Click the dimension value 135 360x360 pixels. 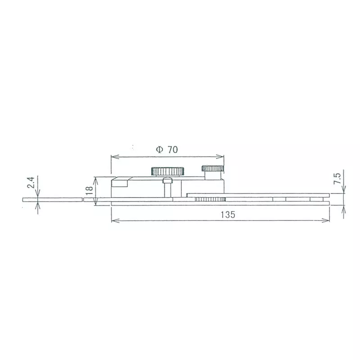click(x=228, y=215)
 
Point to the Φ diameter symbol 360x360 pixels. click(x=159, y=150)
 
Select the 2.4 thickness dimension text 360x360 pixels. click(x=30, y=182)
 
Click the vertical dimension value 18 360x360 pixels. click(x=89, y=187)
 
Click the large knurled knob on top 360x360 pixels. click(x=167, y=171)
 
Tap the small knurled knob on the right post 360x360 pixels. click(x=213, y=169)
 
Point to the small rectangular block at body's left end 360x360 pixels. click(x=120, y=183)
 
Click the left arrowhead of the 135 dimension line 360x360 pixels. click(x=113, y=220)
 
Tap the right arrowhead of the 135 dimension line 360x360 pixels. click(x=327, y=220)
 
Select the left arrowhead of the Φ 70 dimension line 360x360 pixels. click(x=113, y=157)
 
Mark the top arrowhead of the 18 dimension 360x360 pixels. click(x=95, y=179)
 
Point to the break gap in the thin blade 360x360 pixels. click(x=83, y=199)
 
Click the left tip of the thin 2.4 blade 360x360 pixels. click(x=23, y=199)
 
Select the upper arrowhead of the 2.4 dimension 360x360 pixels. click(x=38, y=195)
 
